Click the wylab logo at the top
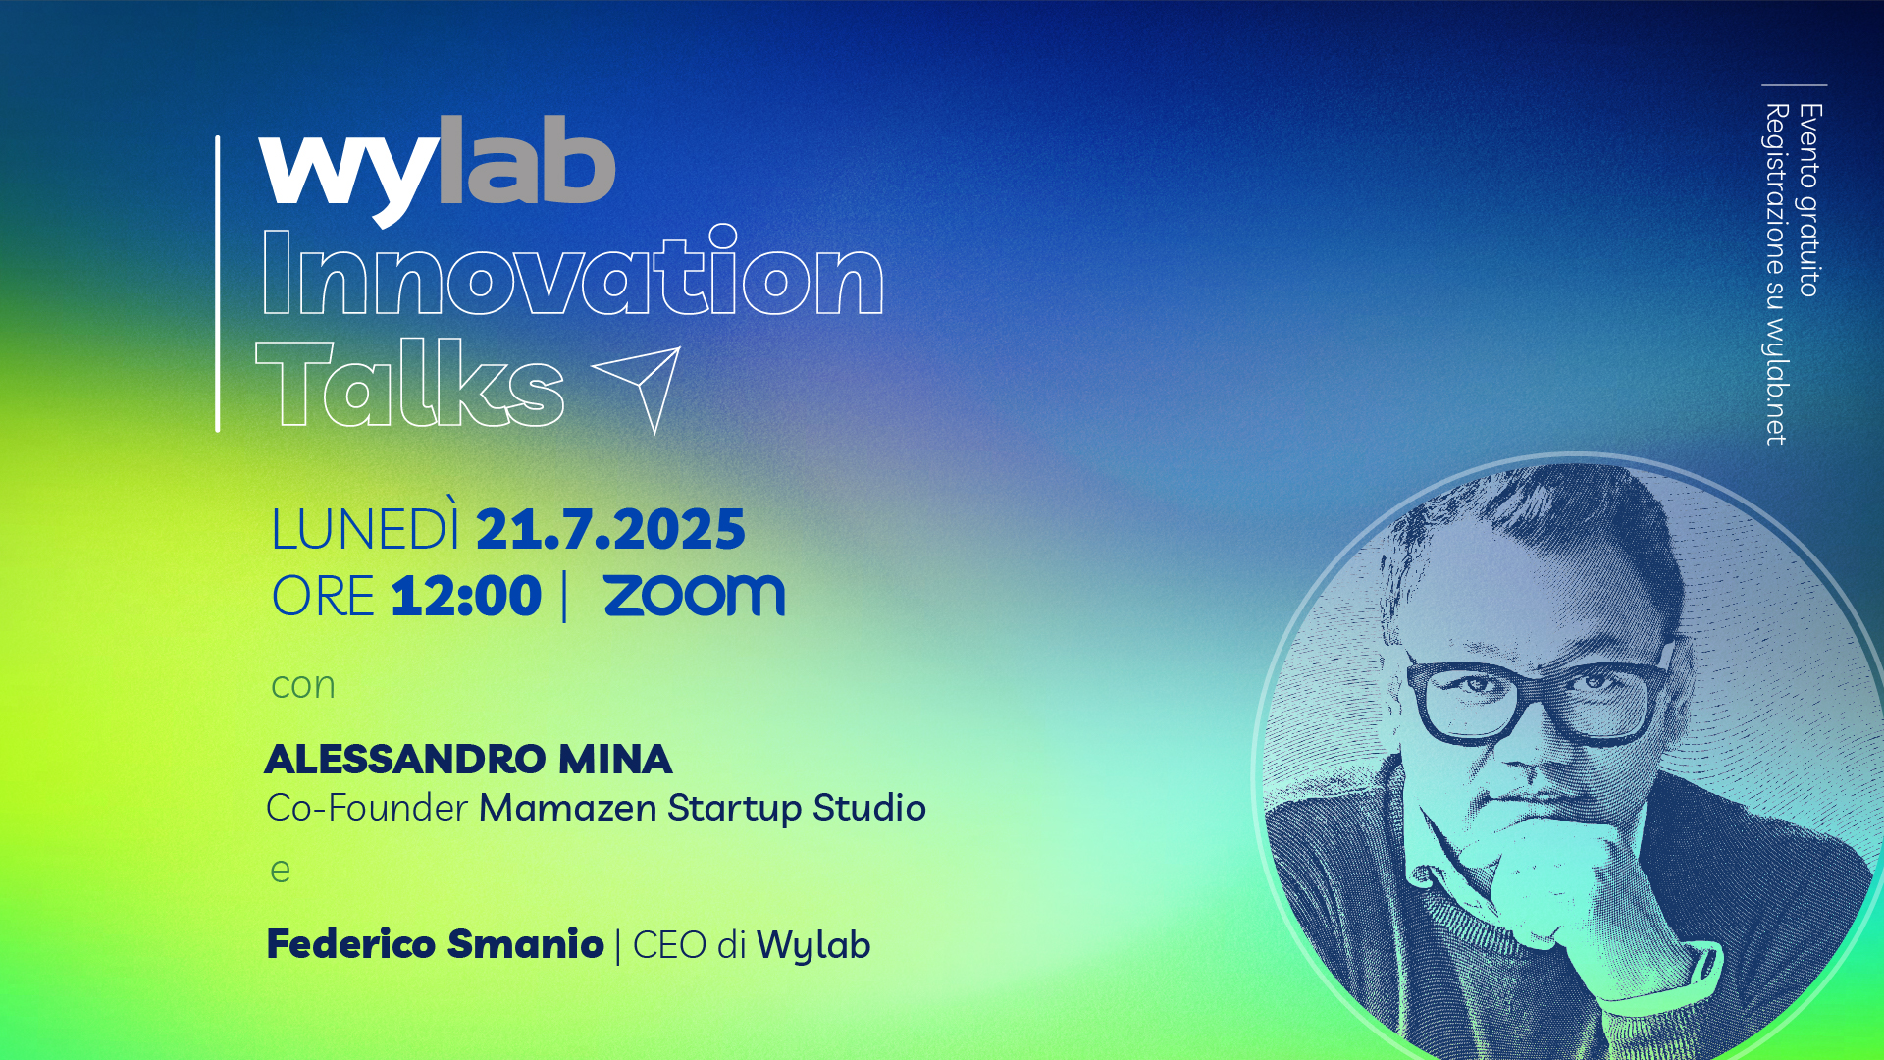click(438, 169)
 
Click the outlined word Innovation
click(573, 271)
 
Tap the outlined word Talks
click(410, 383)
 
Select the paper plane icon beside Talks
click(639, 389)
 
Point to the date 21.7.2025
click(610, 530)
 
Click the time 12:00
click(466, 596)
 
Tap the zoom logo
click(695, 596)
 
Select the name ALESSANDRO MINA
click(468, 759)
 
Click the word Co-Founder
click(366, 808)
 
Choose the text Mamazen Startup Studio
click(703, 809)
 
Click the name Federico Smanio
click(435, 944)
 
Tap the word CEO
click(669, 945)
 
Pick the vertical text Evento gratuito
click(1809, 200)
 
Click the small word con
click(303, 686)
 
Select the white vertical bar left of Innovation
click(218, 284)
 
